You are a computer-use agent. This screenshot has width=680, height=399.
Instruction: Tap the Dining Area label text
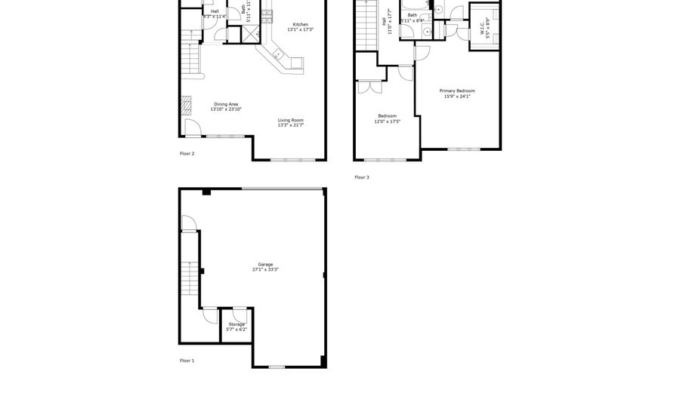pos(226,104)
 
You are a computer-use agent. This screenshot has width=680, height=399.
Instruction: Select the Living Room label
pos(291,120)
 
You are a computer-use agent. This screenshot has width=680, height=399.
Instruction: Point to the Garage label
pos(265,264)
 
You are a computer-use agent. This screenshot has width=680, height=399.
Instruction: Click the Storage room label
pos(236,325)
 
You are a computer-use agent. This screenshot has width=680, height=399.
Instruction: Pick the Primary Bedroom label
pos(457,91)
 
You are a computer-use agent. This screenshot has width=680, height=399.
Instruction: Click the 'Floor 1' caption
pos(187,361)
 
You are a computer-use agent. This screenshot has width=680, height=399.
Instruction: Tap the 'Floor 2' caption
pos(187,153)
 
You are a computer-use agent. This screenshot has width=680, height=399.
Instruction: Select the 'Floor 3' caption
pos(362,177)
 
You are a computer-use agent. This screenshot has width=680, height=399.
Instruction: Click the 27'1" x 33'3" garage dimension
pos(265,269)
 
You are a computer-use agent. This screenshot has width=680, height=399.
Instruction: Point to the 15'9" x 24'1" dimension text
pos(457,96)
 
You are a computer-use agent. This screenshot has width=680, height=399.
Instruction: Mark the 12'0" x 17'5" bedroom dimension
pos(387,121)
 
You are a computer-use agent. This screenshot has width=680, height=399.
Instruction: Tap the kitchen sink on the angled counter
pos(277,54)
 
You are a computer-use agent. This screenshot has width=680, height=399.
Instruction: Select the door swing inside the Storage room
pos(239,313)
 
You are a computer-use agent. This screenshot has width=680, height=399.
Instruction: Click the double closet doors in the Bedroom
pos(369,87)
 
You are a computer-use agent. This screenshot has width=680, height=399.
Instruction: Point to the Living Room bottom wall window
pos(289,160)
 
